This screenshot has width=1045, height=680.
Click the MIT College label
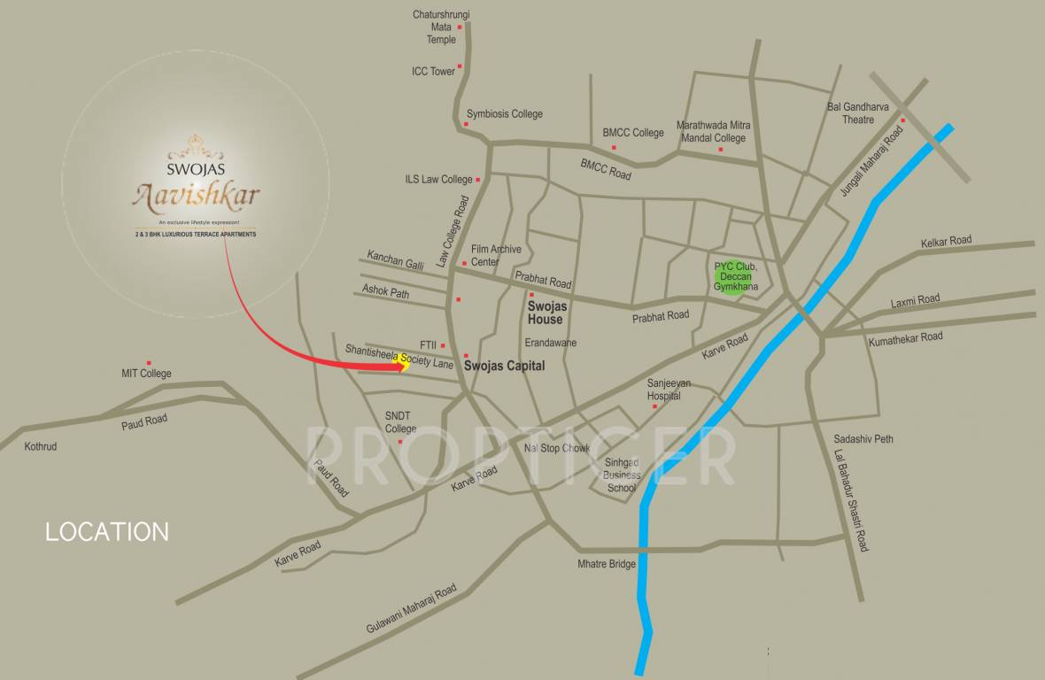click(x=146, y=374)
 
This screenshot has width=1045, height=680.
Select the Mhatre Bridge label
click(x=607, y=564)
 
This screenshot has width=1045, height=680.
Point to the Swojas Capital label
click(x=504, y=366)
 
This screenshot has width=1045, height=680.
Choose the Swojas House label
click(x=546, y=313)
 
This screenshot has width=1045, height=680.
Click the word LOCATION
click(x=107, y=531)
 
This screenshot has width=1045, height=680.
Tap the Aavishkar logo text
click(x=196, y=194)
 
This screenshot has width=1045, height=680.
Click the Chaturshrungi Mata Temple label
click(x=441, y=27)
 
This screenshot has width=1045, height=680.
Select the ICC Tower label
click(x=433, y=72)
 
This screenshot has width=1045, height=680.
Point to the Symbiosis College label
click(x=504, y=114)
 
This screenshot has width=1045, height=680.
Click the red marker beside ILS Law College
click(x=478, y=180)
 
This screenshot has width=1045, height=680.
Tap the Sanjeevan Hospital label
click(x=670, y=390)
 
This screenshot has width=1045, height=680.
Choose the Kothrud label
click(x=41, y=446)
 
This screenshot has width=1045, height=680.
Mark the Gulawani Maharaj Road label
click(x=412, y=609)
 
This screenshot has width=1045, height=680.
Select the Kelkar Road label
click(x=946, y=241)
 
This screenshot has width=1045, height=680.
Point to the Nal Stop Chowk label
click(x=556, y=448)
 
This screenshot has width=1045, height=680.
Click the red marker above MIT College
click(x=149, y=363)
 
